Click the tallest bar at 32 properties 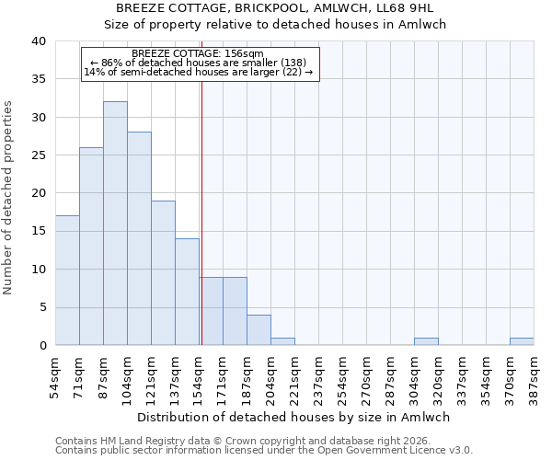115,223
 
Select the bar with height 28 139,238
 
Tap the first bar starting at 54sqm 67,280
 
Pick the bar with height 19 163,272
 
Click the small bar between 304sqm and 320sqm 426,341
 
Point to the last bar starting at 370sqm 522,341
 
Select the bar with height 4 259,329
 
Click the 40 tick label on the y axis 38,41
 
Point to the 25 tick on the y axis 38,155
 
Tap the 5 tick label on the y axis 41,307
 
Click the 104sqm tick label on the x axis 128,374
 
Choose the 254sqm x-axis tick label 343,374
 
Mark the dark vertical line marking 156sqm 201,212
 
